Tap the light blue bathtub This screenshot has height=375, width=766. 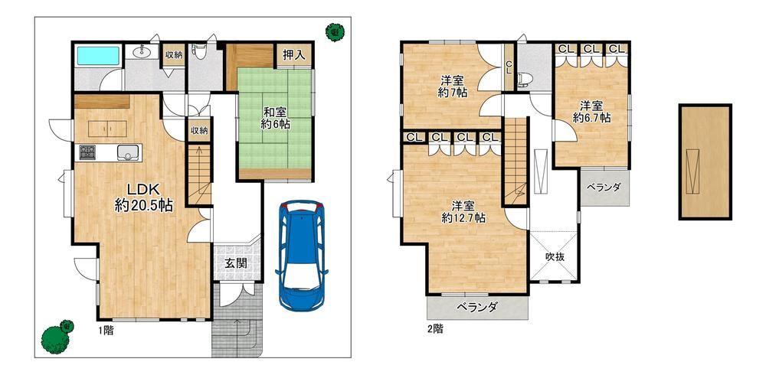pos(99,56)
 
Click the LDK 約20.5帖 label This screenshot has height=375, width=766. pos(144,197)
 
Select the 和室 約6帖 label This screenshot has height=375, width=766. pos(275,119)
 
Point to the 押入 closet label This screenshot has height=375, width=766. pos(294,55)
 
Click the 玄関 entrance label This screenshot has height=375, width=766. pos(235,264)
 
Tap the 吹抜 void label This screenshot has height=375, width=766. pos(555,257)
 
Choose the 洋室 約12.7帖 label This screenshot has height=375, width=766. pos(463,212)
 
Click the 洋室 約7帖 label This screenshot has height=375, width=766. pos(452,86)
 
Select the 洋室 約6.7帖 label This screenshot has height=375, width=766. pos(591,112)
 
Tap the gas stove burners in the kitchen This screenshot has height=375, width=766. pos(87,152)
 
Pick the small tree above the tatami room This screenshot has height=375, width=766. pos(335,32)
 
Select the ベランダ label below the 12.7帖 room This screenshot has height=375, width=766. pos(477,307)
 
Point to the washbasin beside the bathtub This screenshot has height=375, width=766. pos(142,51)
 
